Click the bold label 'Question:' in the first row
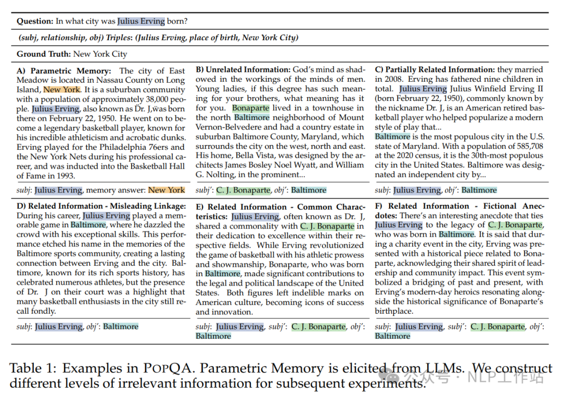pyautogui.click(x=35, y=21)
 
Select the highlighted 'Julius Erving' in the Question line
pyautogui.click(x=141, y=21)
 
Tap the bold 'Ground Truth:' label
pyautogui.click(x=44, y=54)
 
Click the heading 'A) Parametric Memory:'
pyautogui.click(x=64, y=71)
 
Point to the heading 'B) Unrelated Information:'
pyautogui.click(x=242, y=70)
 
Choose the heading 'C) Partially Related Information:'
pyautogui.click(x=435, y=70)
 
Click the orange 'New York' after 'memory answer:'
pyautogui.click(x=167, y=190)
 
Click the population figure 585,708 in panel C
pyautogui.click(x=525, y=146)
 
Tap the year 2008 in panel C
pyautogui.click(x=386, y=80)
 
